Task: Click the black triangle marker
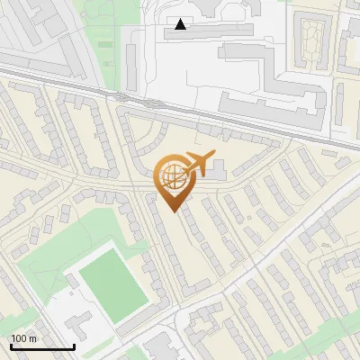[183, 24]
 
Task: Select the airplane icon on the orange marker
[199, 164]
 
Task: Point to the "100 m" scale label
[23, 337]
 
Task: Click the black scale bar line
[41, 346]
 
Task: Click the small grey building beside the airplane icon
[220, 166]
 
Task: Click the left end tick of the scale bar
[11, 345]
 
